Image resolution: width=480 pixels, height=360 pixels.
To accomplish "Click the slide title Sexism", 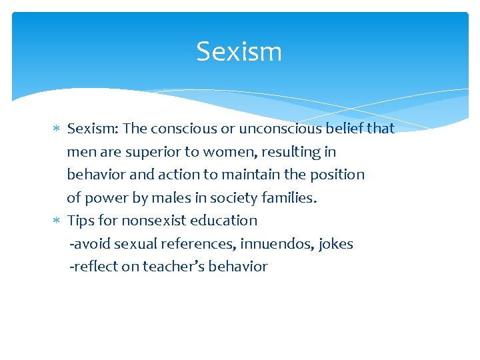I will [x=239, y=51].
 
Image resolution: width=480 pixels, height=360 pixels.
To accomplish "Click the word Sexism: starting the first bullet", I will [x=92, y=128].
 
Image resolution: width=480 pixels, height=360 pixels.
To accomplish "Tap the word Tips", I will [x=81, y=221].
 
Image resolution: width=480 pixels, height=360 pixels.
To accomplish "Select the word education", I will [x=223, y=220].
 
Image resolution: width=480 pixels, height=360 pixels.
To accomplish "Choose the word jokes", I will [x=336, y=244].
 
